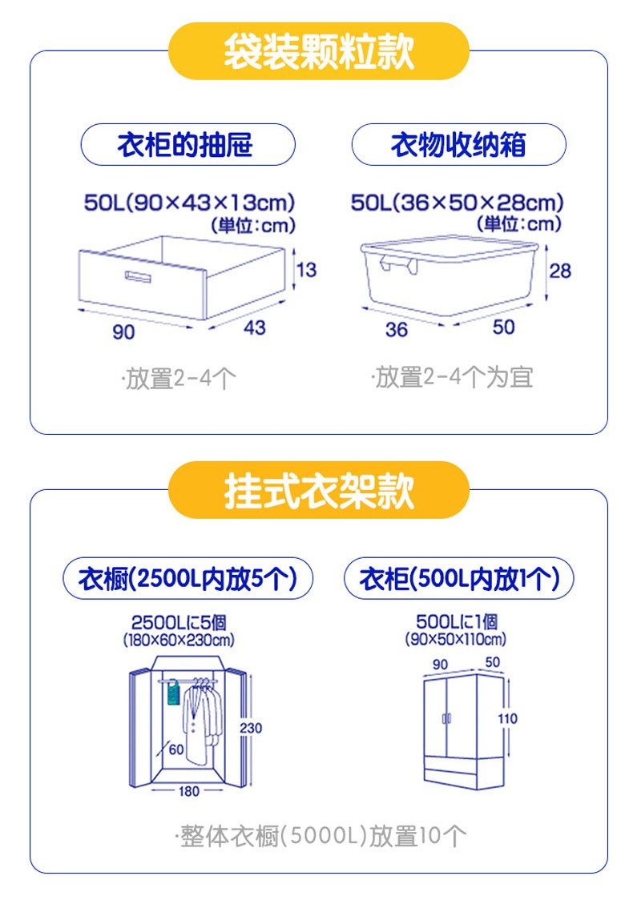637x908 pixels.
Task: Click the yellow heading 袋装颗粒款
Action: [x=318, y=51]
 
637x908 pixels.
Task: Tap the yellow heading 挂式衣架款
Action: [x=318, y=490]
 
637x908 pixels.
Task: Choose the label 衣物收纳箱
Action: [x=458, y=144]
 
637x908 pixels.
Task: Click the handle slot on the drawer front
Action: [x=138, y=276]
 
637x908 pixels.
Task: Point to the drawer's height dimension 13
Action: [x=307, y=269]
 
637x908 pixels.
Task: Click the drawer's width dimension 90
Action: [x=123, y=331]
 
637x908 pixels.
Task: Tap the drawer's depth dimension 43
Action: [x=255, y=327]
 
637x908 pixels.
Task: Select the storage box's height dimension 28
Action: [x=560, y=271]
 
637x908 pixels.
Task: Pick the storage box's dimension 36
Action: [x=397, y=330]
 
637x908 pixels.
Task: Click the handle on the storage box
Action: [x=399, y=264]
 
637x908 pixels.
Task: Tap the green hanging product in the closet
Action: [x=173, y=693]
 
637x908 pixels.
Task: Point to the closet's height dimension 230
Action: [x=251, y=728]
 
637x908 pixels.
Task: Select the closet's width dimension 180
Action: [x=189, y=791]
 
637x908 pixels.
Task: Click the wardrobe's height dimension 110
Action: [x=508, y=719]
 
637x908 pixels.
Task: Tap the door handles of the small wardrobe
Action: [x=447, y=719]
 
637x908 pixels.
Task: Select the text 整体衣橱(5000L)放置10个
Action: [x=321, y=836]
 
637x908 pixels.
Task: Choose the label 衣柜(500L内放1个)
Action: [x=459, y=578]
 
